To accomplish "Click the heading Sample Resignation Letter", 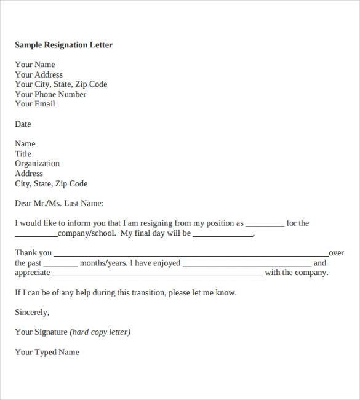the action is pyautogui.click(x=63, y=45).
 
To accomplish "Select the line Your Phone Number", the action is pyautogui.click(x=50, y=94).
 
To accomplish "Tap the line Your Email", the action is pyautogui.click(x=35, y=104).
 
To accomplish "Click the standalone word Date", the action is pyautogui.click(x=23, y=124).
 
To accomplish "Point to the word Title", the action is pyautogui.click(x=23, y=154).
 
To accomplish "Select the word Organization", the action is pyautogui.click(x=37, y=164).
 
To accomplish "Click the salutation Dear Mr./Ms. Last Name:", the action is pyautogui.click(x=59, y=204).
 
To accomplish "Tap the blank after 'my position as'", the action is pyautogui.click(x=265, y=225).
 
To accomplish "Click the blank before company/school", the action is pyautogui.click(x=36, y=235).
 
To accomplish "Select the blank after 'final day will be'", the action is pyautogui.click(x=223, y=235).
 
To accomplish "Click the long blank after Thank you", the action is pyautogui.click(x=191, y=255).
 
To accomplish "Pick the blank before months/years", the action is pyautogui.click(x=60, y=265).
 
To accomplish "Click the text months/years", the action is pyautogui.click(x=103, y=263).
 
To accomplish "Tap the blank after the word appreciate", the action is pyautogui.click(x=158, y=274).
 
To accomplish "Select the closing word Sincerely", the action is pyautogui.click(x=32, y=313).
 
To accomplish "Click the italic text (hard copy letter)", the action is pyautogui.click(x=100, y=332).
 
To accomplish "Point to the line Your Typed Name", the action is pyautogui.click(x=47, y=353).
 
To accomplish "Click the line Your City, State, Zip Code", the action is pyautogui.click(x=61, y=84).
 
